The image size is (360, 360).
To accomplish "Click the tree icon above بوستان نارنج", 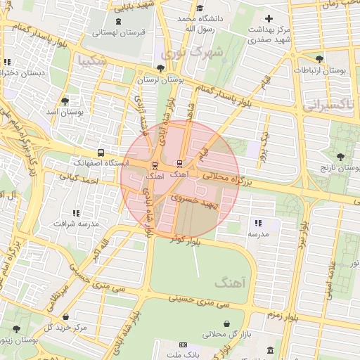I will pyautogui.click(x=340, y=157).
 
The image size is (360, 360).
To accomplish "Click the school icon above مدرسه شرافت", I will pyautogui.click(x=75, y=212).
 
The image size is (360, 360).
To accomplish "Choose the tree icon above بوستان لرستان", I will pyautogui.click(x=162, y=68).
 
